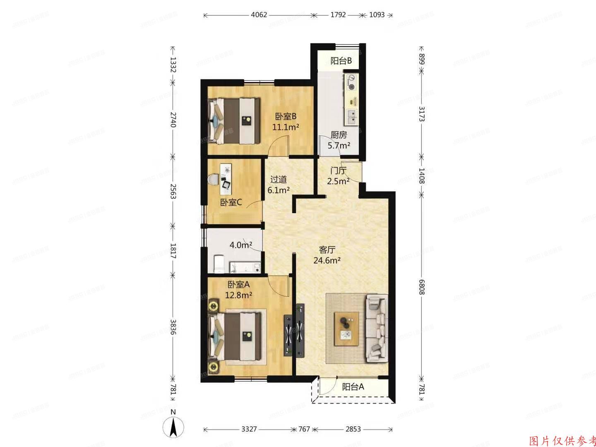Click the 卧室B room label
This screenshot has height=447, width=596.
click(286, 117)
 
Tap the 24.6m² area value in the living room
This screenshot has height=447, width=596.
click(327, 260)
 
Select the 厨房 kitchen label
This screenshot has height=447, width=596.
click(339, 135)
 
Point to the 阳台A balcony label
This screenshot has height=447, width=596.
click(353, 387)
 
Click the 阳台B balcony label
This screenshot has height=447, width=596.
click(341, 61)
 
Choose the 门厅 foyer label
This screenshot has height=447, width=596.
click(338, 171)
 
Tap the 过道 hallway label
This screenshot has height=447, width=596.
click(278, 180)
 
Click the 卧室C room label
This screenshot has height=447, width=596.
click(231, 202)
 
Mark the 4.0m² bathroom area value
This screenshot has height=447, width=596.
click(241, 245)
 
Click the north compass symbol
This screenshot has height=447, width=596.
click(174, 426)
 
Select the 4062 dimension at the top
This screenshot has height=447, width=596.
click(259, 15)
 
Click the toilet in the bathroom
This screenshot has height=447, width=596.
click(219, 264)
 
